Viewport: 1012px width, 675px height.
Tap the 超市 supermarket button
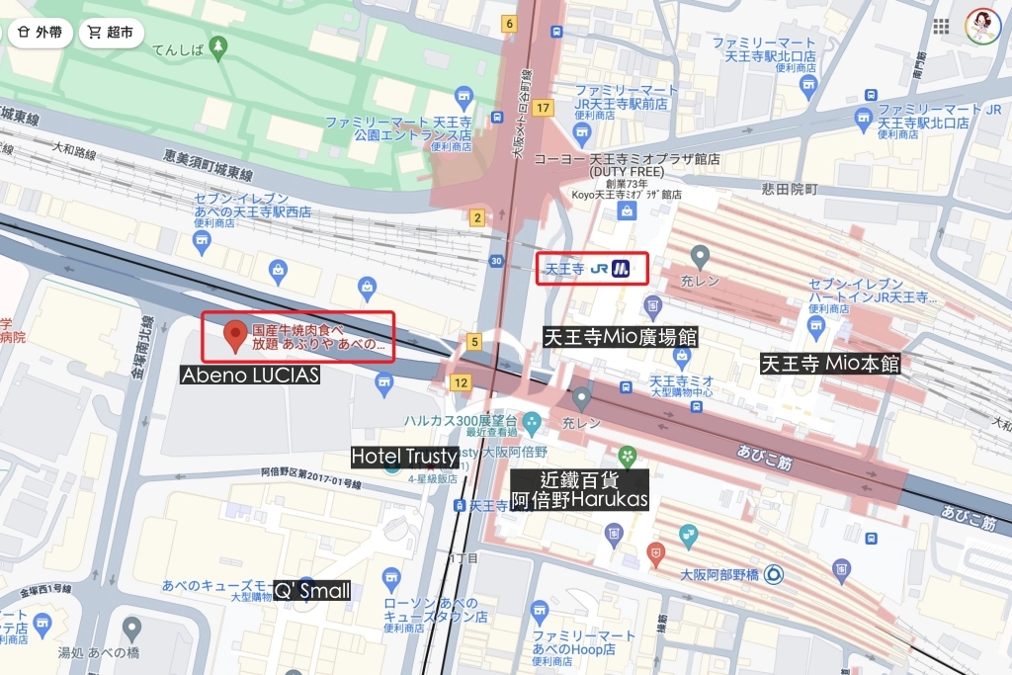coord(111,32)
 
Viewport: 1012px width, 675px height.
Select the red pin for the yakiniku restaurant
coord(235,335)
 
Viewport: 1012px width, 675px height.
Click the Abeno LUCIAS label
coord(250,376)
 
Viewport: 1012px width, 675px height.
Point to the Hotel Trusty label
coord(405,456)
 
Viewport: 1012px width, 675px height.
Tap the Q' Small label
coord(311,591)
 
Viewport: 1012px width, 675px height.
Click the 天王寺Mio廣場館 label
coord(621,337)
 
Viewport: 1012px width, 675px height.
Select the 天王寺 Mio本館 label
coord(830,364)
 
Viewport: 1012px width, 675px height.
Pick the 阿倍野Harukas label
coord(579,500)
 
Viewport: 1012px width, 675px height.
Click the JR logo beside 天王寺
coord(599,268)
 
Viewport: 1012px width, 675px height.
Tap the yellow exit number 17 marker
coord(543,107)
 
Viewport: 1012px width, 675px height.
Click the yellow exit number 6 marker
coord(509,23)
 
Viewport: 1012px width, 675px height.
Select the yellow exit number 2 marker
coord(477,217)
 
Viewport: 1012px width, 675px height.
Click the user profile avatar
coord(982,26)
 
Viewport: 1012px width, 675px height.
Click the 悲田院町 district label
coord(785,188)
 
